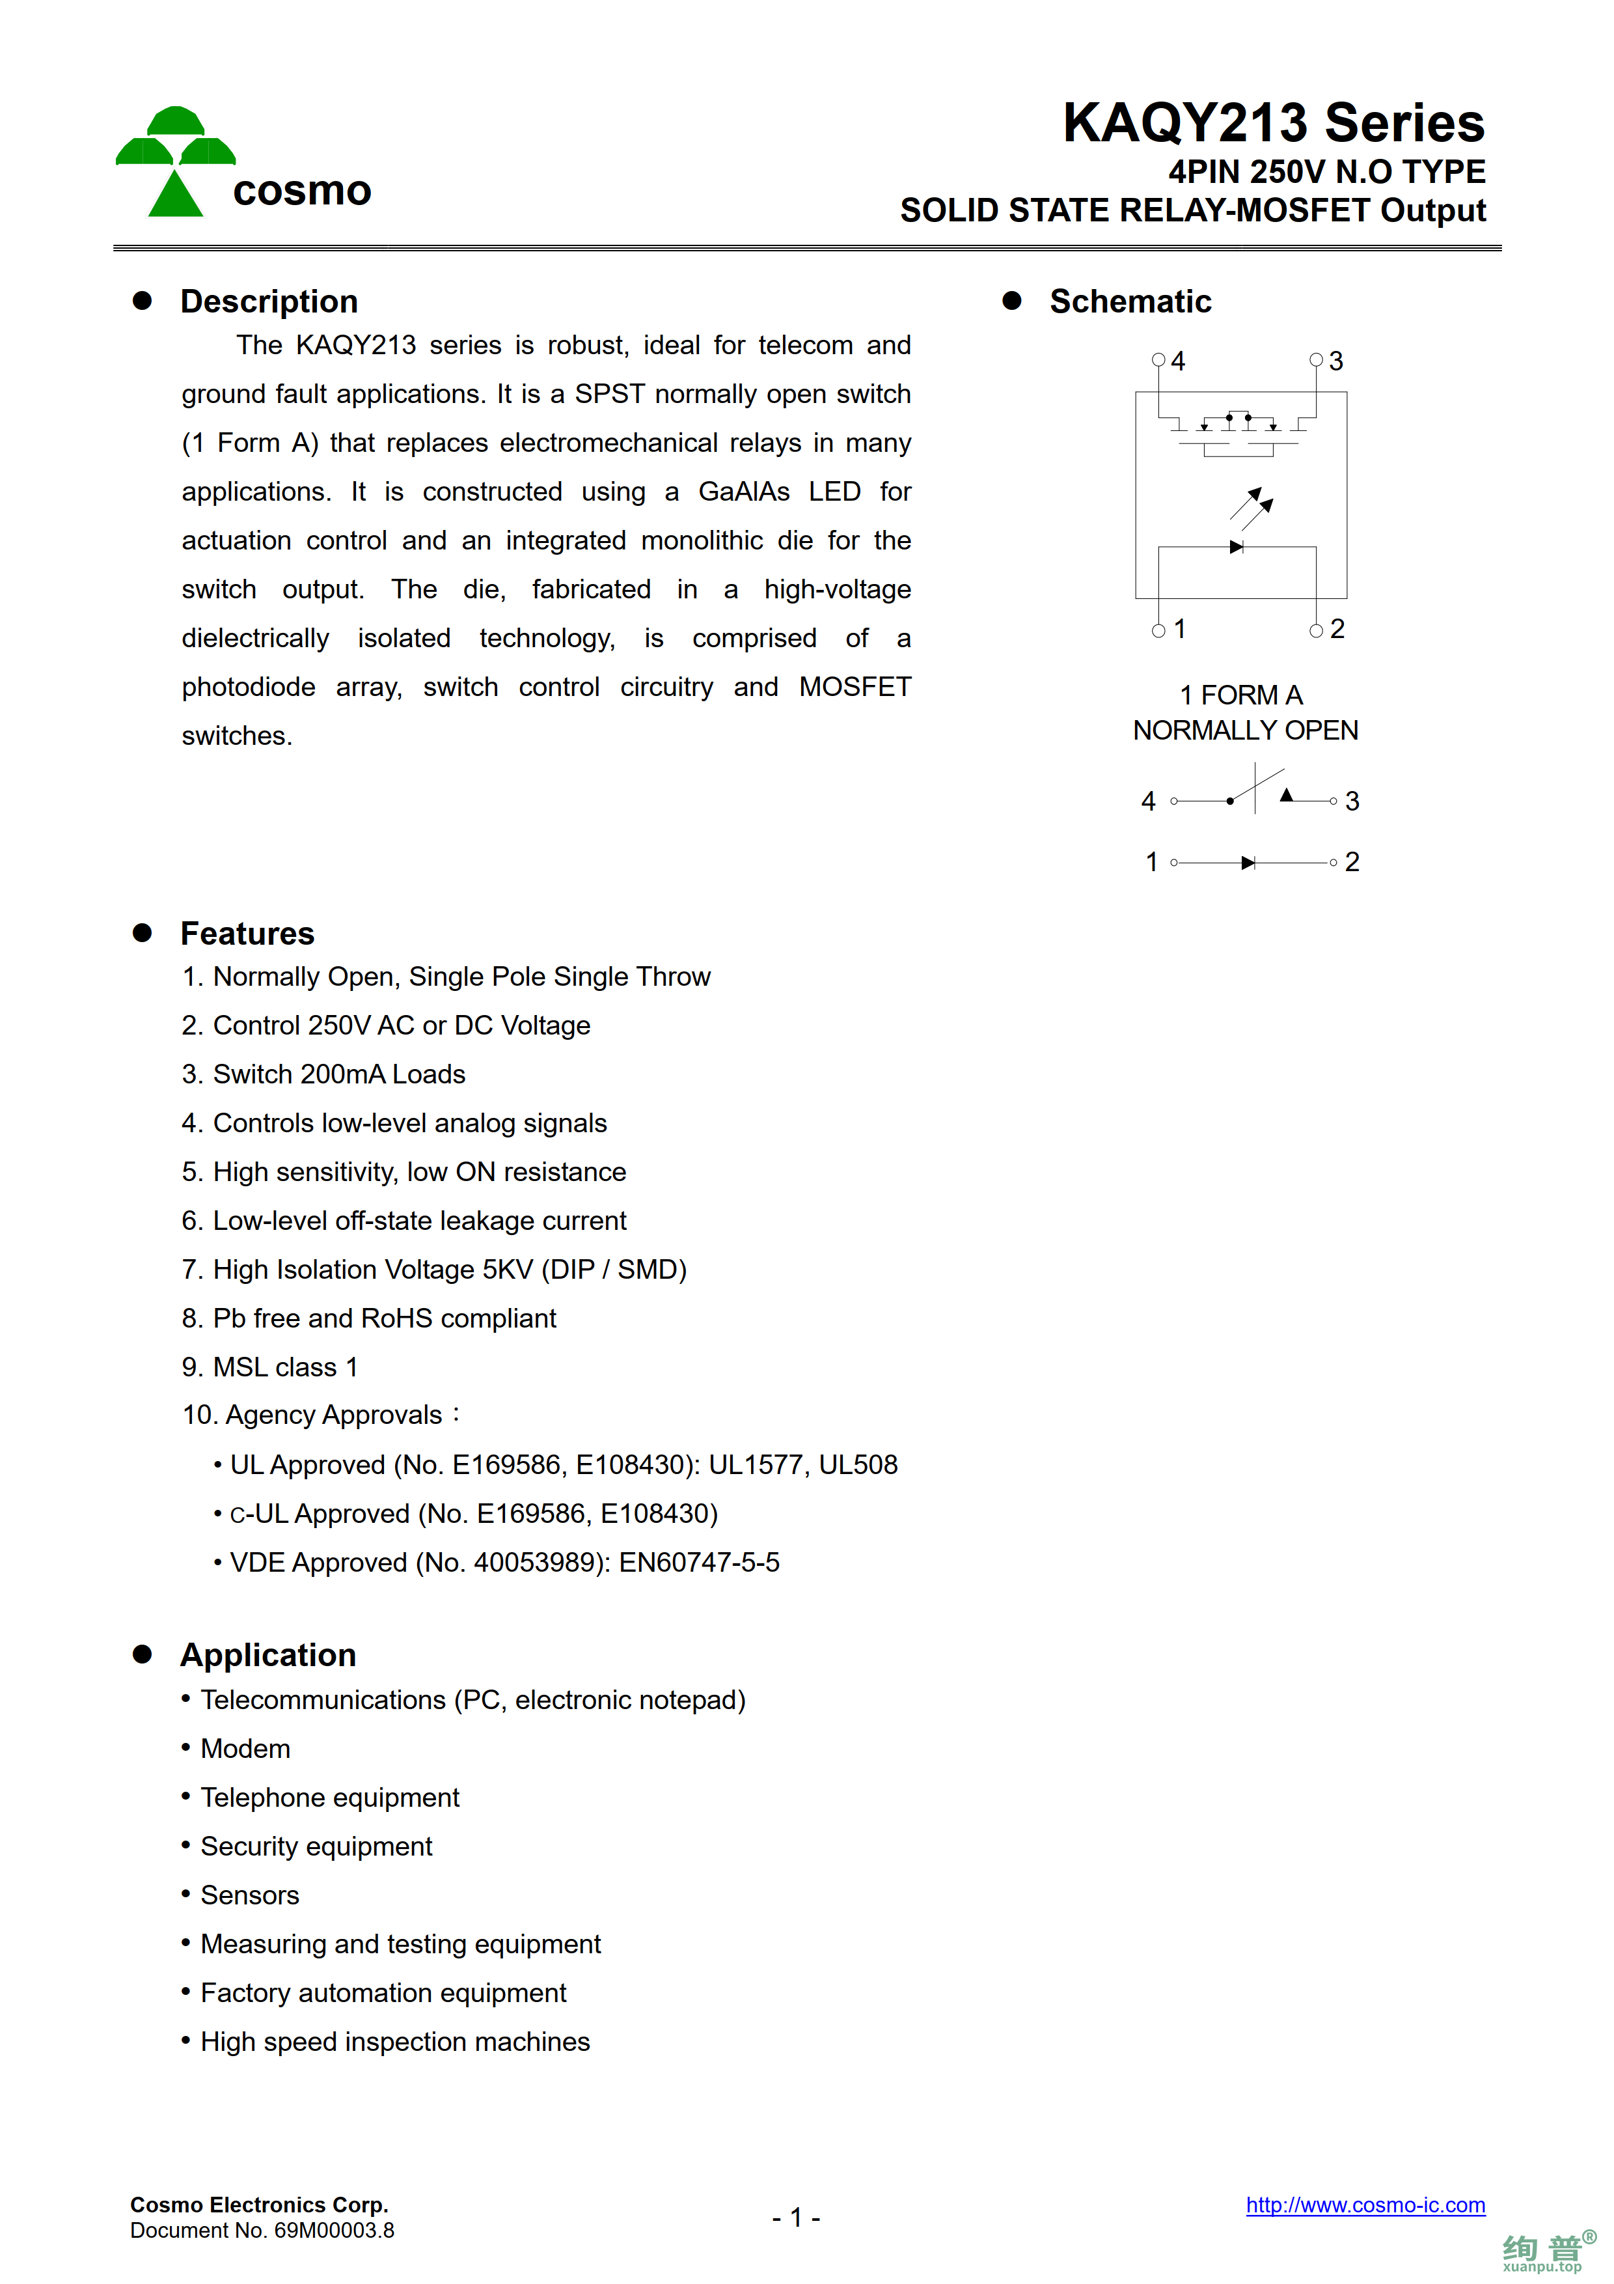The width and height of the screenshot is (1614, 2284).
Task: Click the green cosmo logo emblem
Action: click(x=176, y=161)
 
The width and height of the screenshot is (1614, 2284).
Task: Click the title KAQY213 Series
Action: click(x=1273, y=123)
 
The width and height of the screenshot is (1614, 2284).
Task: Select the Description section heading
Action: click(x=269, y=301)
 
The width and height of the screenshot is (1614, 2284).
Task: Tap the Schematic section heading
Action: click(x=1130, y=301)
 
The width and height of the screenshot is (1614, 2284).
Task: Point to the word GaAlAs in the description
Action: click(x=744, y=492)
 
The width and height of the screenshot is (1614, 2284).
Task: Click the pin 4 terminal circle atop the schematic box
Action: click(x=1158, y=360)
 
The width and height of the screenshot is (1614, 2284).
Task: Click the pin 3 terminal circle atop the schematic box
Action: click(x=1316, y=360)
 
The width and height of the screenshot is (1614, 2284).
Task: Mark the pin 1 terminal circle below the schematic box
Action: click(x=1158, y=631)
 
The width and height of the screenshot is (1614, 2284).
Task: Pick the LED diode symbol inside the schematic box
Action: click(x=1236, y=547)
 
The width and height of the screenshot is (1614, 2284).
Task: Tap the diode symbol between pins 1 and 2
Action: click(x=1248, y=863)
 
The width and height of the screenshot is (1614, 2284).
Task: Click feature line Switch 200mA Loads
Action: click(x=324, y=1074)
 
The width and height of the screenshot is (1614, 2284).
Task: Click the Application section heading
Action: click(x=267, y=1654)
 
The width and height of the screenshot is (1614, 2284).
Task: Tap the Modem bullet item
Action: click(x=245, y=1749)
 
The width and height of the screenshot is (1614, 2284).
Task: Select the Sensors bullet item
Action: click(x=250, y=1895)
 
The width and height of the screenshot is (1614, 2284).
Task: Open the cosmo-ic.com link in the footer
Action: click(x=1364, y=2205)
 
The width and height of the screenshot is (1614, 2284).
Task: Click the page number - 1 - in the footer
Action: click(x=795, y=2218)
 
